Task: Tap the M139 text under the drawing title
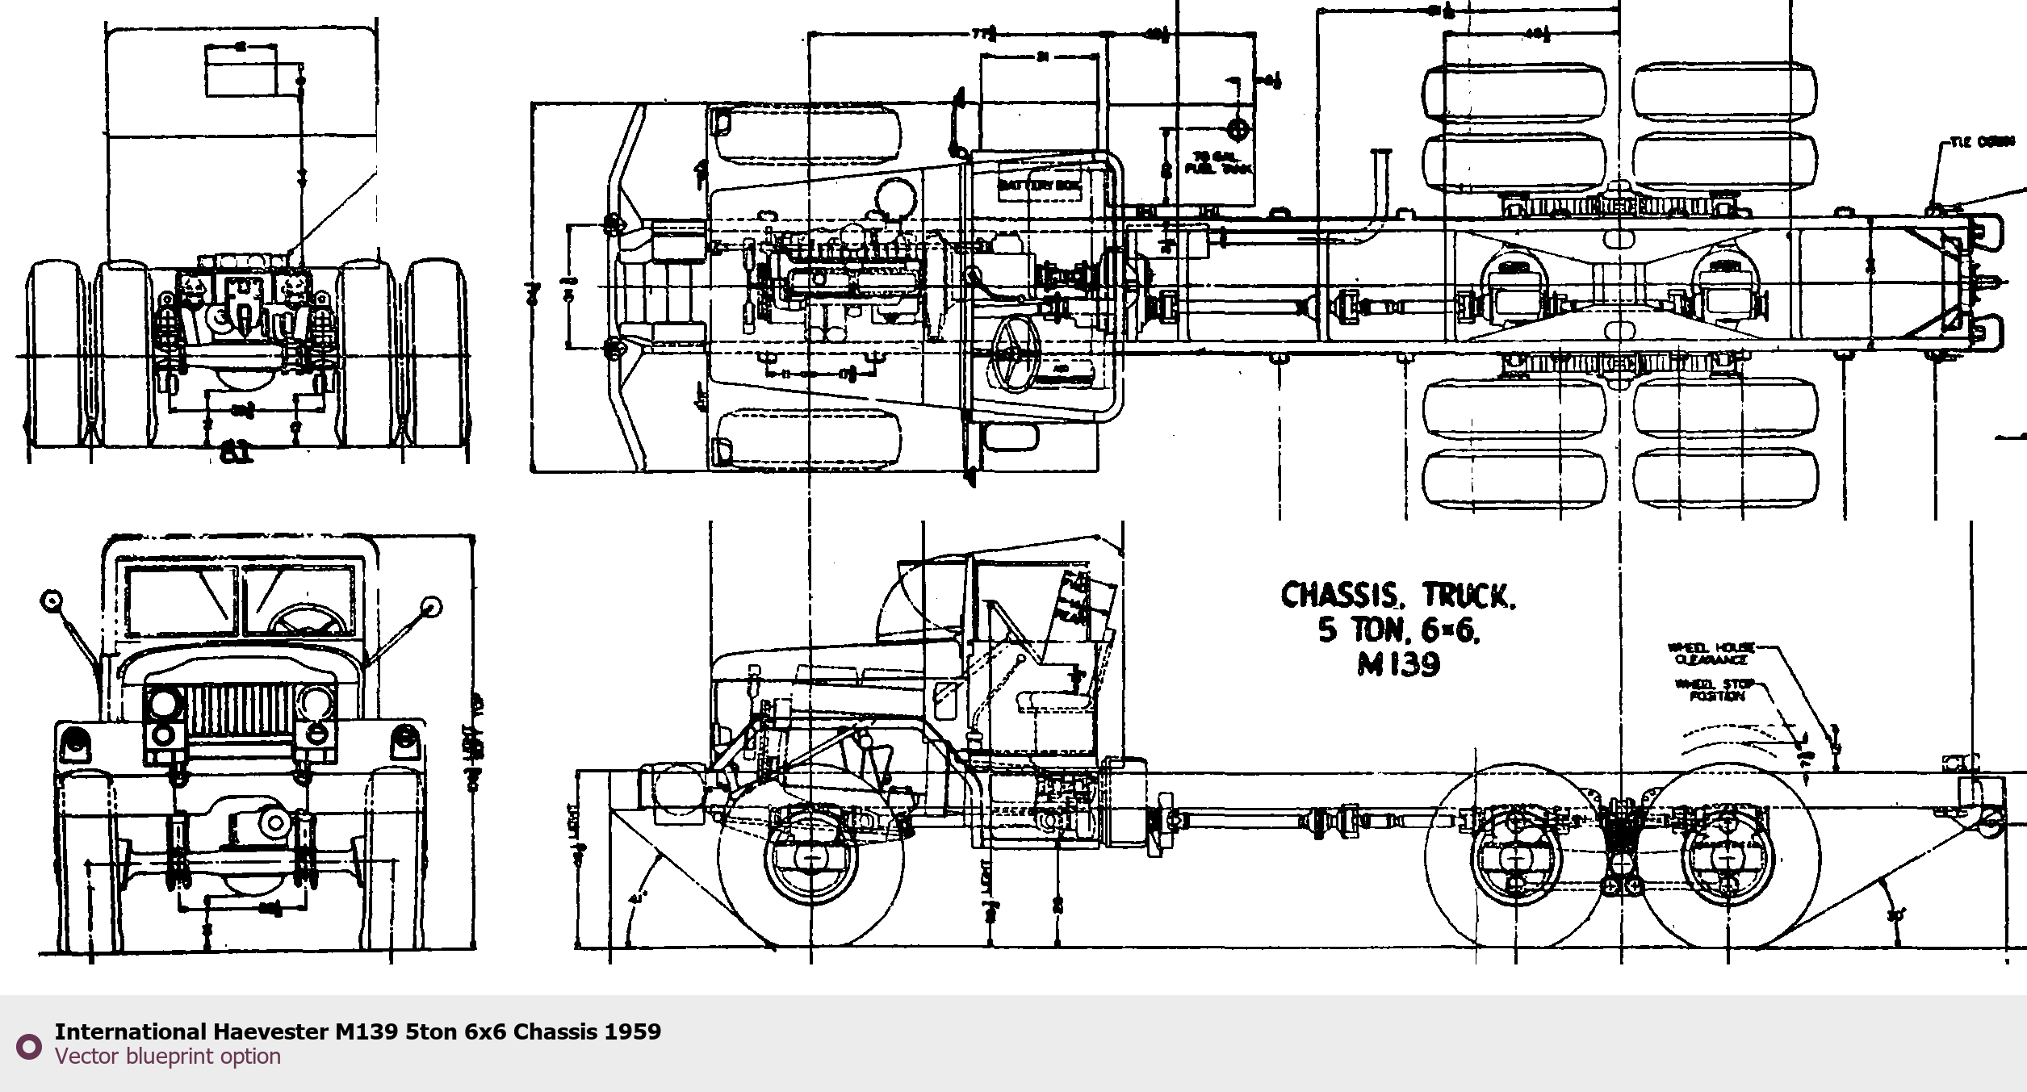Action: pyautogui.click(x=1398, y=664)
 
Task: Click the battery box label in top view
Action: pyautogui.click(x=1040, y=186)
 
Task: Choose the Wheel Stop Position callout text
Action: pyautogui.click(x=1714, y=690)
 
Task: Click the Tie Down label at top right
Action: pyautogui.click(x=1982, y=142)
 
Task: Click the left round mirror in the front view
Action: pyautogui.click(x=52, y=600)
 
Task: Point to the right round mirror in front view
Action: pyautogui.click(x=432, y=606)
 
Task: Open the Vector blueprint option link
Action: pyautogui.click(x=168, y=1056)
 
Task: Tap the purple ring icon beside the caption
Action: pyautogui.click(x=29, y=1047)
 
